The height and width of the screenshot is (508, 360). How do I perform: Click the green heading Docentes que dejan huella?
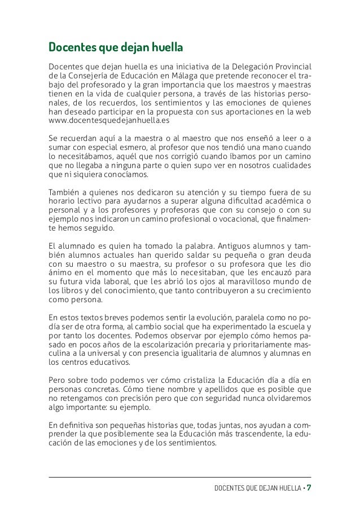click(117, 45)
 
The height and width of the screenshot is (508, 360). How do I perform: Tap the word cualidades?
click(286, 165)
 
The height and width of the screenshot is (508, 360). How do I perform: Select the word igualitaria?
click(207, 354)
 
